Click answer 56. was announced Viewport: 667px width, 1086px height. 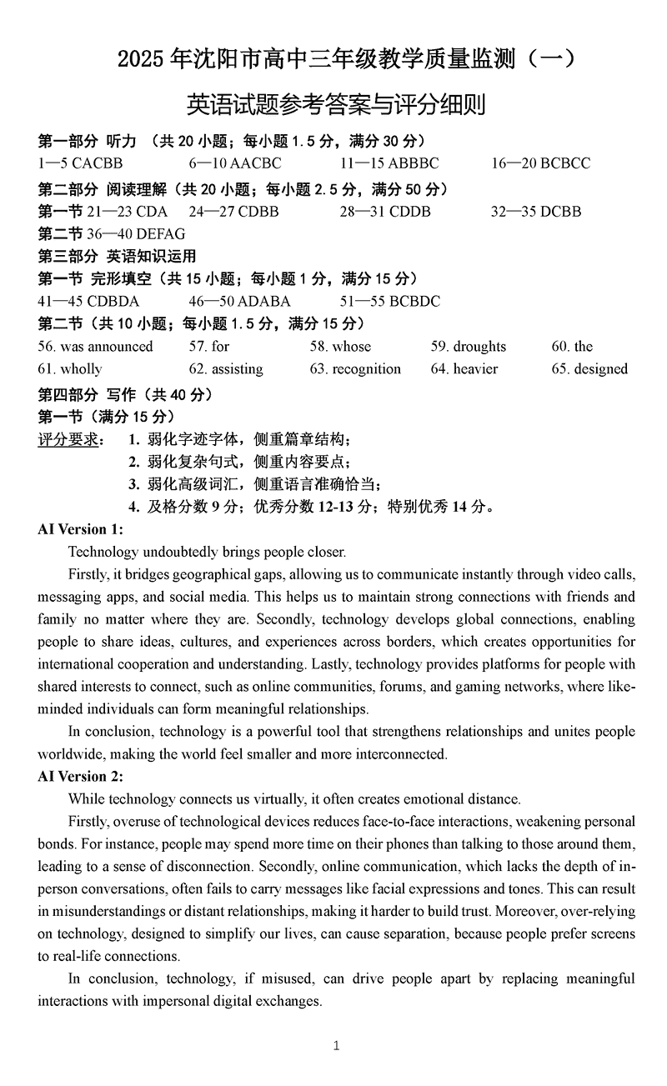96,347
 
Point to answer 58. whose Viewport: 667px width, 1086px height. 340,347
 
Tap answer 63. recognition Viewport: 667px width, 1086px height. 355,369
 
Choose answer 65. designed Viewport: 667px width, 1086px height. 589,369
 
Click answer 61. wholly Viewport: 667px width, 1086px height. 70,369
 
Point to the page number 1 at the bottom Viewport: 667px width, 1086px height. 336,1045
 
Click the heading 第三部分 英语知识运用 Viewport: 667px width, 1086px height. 118,256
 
